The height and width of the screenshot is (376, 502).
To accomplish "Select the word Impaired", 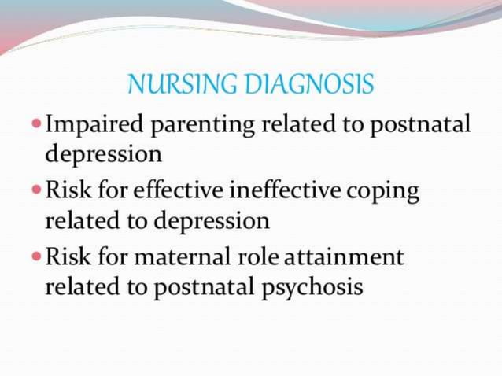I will pyautogui.click(x=87, y=124).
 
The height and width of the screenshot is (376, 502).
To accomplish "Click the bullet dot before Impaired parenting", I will pyautogui.click(x=37, y=124).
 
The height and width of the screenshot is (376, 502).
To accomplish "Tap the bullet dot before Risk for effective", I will pyautogui.click(x=37, y=191).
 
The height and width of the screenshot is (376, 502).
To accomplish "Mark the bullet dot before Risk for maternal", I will pyautogui.click(x=37, y=258).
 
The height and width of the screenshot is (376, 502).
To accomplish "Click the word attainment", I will pyautogui.click(x=343, y=258).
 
